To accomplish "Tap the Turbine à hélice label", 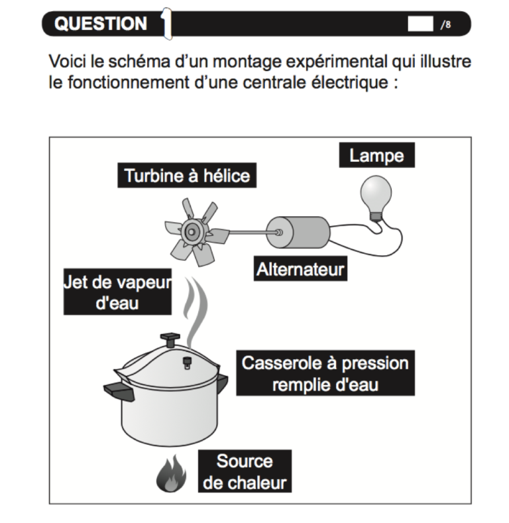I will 188,176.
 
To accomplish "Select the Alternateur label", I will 300,270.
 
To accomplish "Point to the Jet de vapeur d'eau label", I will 117,292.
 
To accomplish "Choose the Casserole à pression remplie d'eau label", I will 325,373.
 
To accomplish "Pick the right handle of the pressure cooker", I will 222,382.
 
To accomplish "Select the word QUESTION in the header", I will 101,24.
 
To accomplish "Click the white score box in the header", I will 420,25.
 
